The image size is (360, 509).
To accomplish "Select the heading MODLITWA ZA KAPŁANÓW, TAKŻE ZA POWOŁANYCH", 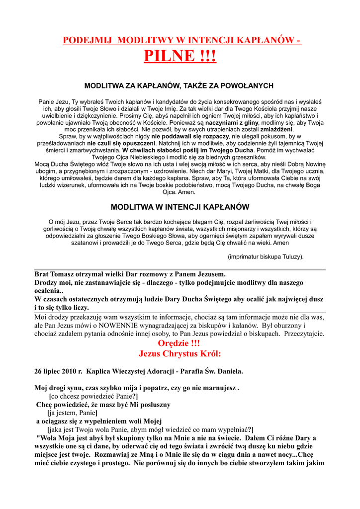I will tap(179, 86).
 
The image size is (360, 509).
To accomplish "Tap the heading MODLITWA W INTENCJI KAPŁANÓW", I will tap(180, 207).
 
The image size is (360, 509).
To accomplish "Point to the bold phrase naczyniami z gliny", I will tap(233, 122).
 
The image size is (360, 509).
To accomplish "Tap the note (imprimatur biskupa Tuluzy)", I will tap(266, 257).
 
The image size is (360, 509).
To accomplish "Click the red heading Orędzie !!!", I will tap(180, 343).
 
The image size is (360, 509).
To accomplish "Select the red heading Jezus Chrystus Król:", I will tap(180, 354).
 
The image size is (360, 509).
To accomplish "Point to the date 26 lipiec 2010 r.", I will tap(59, 371).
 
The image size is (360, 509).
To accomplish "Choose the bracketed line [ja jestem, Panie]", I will tap(72, 413).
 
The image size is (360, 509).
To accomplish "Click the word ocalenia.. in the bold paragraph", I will tap(49, 291).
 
